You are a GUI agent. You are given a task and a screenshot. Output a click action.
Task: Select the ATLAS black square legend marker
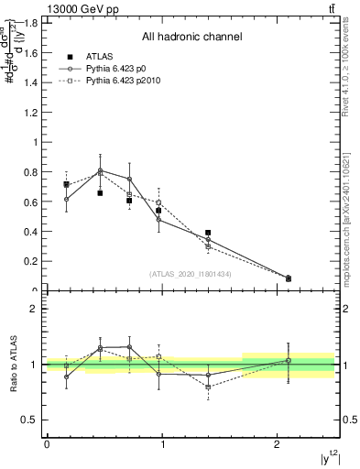[69, 56]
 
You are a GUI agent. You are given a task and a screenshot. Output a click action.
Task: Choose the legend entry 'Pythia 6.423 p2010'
[130, 82]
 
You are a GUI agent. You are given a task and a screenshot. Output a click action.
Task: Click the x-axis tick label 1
[162, 444]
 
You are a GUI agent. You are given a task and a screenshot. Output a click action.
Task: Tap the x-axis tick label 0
[47, 444]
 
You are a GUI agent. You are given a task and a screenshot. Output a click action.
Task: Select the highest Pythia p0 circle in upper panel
[101, 170]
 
